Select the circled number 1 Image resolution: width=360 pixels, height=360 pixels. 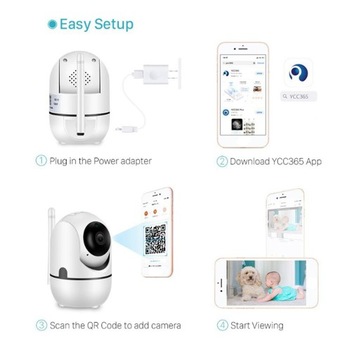[x=41, y=160]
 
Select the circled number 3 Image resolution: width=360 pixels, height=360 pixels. [x=41, y=325]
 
